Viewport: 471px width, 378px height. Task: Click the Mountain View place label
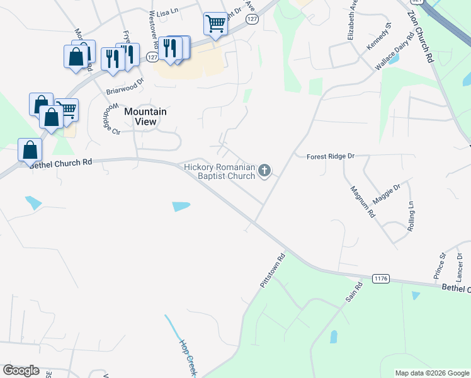coord(145,117)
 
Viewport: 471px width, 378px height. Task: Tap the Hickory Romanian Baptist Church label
coord(219,171)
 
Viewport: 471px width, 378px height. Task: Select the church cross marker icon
coord(265,169)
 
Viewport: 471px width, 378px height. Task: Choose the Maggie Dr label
coord(386,195)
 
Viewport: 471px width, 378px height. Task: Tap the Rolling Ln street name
coord(411,216)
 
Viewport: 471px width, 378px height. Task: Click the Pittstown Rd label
coord(273,272)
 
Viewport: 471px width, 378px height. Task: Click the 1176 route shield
coord(381,278)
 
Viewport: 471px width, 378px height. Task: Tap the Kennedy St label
coord(379,34)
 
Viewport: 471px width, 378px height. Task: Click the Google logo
coord(21,370)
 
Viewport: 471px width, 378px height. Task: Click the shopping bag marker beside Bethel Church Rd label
coord(30,151)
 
